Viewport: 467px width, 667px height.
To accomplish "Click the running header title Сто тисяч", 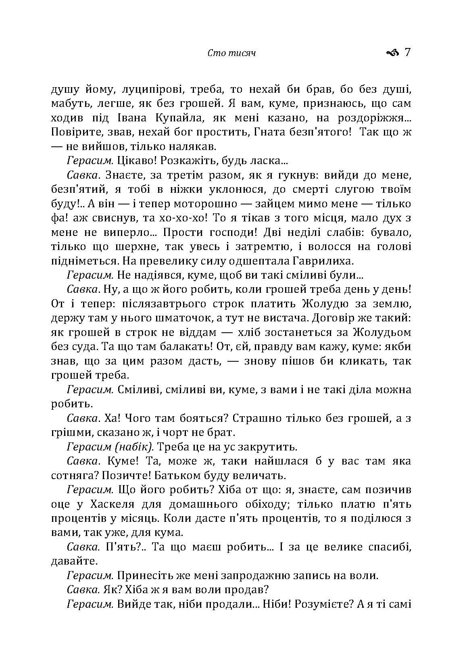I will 231,53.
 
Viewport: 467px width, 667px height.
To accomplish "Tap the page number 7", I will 407,52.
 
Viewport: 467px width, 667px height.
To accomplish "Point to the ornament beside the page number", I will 392,52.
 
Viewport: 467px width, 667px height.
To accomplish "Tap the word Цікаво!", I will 135,161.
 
